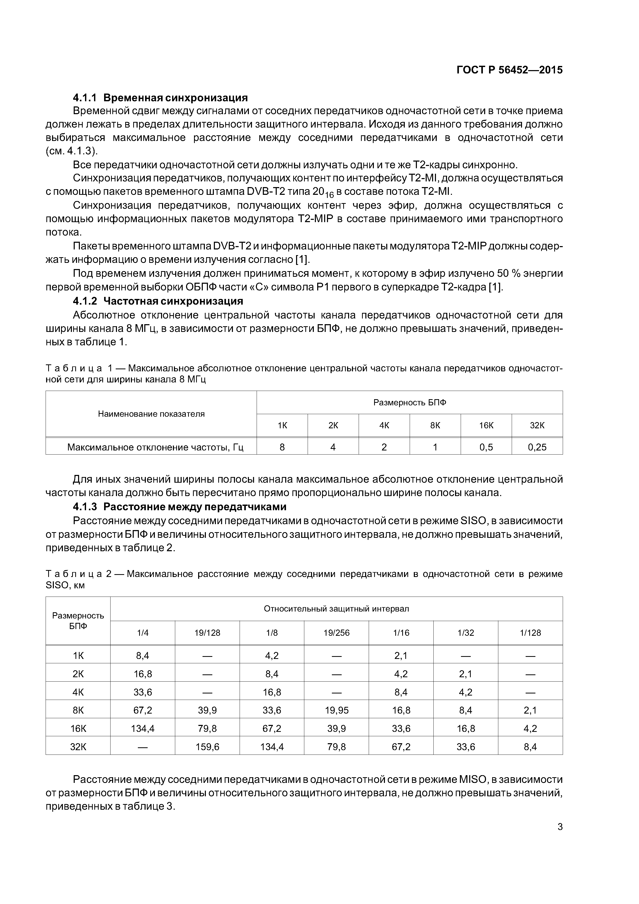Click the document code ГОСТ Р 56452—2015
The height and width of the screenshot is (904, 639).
509,70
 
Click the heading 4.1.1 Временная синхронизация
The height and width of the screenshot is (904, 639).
160,97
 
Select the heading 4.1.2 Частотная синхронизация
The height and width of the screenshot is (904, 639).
158,301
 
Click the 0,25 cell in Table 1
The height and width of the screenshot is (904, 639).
537,447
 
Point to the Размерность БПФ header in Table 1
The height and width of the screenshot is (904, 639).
409,402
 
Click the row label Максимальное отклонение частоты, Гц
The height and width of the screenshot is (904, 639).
155,447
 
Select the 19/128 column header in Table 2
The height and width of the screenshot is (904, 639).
207,633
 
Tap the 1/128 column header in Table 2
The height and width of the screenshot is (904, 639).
530,633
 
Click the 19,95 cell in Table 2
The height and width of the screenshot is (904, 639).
336,710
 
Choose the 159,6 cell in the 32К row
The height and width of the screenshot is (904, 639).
207,747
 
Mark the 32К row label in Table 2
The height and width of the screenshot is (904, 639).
78,747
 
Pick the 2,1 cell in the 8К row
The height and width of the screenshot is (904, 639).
530,710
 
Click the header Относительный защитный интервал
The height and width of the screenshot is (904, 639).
336,609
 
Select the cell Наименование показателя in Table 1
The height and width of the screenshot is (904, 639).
151,414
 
